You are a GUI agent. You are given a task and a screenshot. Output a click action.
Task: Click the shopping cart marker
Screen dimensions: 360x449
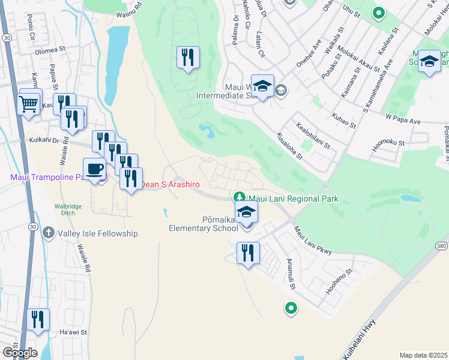[x=29, y=104]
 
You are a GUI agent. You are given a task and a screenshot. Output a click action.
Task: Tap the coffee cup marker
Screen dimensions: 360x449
[x=95, y=169]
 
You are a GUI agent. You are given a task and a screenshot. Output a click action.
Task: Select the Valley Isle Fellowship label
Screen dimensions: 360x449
[x=98, y=233]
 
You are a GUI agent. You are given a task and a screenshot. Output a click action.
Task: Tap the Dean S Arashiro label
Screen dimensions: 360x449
[x=170, y=184]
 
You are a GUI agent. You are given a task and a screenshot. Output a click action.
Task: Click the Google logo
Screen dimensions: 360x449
[x=20, y=353]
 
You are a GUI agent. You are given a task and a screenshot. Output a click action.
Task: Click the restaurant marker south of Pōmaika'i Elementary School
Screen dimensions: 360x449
[x=248, y=253]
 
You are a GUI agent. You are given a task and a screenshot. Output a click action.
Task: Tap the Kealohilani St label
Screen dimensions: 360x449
[x=313, y=135]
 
